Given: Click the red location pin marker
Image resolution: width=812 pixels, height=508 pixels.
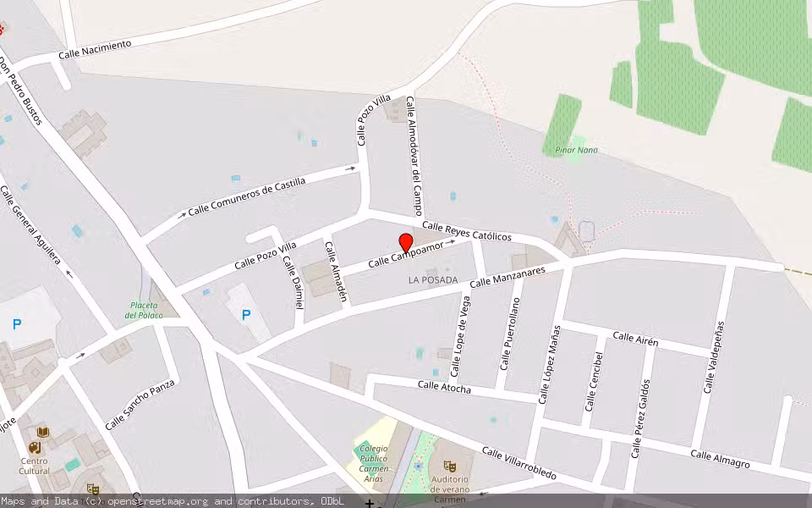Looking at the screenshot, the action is pyautogui.click(x=405, y=243).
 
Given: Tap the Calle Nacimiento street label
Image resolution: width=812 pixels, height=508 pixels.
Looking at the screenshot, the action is pyautogui.click(x=96, y=49).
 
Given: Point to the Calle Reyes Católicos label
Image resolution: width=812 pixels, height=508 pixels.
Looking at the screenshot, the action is pyautogui.click(x=467, y=231).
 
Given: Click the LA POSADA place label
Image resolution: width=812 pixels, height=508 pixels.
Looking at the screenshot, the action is pyautogui.click(x=432, y=279).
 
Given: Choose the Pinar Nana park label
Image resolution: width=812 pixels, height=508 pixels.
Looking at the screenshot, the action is pyautogui.click(x=576, y=150).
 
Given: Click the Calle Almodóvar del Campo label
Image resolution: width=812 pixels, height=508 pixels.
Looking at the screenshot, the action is pyautogui.click(x=414, y=156).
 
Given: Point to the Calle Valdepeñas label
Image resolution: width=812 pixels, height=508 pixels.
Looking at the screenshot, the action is pyautogui.click(x=713, y=357).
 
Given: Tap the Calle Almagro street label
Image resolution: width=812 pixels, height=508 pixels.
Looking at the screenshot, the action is pyautogui.click(x=720, y=459).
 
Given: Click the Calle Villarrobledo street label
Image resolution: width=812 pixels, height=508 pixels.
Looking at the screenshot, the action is pyautogui.click(x=518, y=463).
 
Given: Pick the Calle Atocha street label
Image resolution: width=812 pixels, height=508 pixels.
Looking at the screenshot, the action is pyautogui.click(x=444, y=386).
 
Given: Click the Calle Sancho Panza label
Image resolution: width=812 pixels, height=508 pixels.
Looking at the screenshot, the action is pyautogui.click(x=140, y=405).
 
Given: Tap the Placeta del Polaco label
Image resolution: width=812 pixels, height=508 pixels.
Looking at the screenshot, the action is pyautogui.click(x=144, y=310).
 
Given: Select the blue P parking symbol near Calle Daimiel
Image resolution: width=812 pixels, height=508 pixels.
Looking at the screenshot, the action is pyautogui.click(x=246, y=315).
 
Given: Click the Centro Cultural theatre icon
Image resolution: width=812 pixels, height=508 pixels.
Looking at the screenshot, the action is pyautogui.click(x=35, y=447).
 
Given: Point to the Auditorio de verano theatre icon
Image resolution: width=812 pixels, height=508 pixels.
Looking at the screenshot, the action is pyautogui.click(x=450, y=466).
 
